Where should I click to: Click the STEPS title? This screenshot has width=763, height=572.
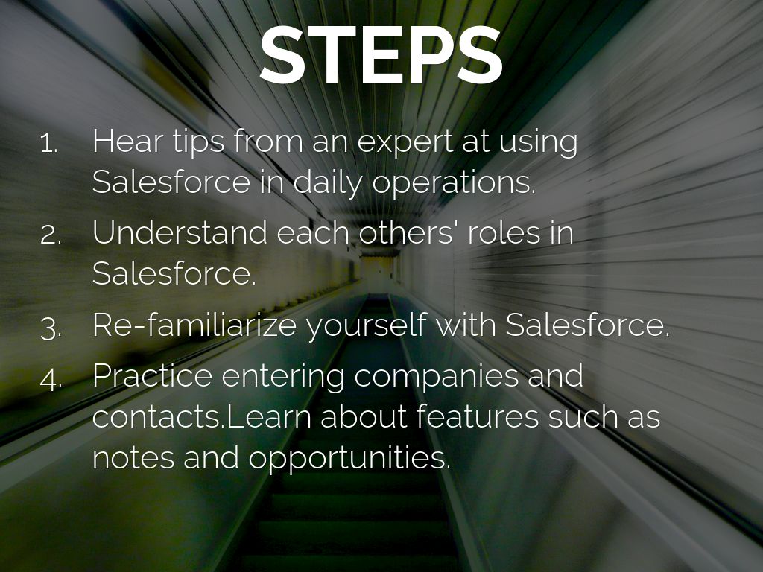(x=381, y=54)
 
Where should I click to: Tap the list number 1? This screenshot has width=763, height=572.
(x=49, y=144)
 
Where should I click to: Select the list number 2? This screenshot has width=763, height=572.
(x=51, y=235)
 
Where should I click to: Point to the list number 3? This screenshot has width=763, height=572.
(x=51, y=328)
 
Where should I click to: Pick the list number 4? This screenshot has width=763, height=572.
(x=51, y=379)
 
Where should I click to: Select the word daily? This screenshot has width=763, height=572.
(x=328, y=183)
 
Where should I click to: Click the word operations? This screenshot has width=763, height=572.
(x=454, y=183)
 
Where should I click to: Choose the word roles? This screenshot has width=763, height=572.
(x=503, y=232)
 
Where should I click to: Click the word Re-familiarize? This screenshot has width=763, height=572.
(x=194, y=325)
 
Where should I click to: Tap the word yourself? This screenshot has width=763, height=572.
(x=366, y=326)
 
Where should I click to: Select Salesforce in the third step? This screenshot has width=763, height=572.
(x=588, y=325)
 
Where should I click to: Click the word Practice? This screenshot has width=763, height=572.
(x=152, y=375)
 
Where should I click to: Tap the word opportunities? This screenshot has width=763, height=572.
(x=349, y=459)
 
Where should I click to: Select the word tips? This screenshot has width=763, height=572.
(x=198, y=142)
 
